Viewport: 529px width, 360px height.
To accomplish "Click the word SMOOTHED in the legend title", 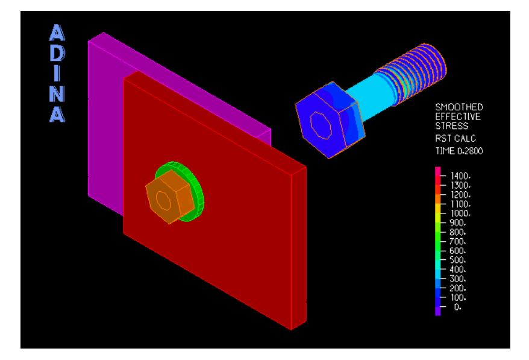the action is tap(459, 107).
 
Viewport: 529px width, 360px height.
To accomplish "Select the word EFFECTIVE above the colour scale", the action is tap(457, 116).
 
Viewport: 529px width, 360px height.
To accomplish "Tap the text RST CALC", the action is tap(455, 138).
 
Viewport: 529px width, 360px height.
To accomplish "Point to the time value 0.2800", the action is tap(471, 151).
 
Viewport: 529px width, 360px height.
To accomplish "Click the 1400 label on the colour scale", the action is tap(460, 176).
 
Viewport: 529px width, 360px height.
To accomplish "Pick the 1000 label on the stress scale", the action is tap(460, 213).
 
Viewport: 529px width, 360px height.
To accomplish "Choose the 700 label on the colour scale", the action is tap(458, 241).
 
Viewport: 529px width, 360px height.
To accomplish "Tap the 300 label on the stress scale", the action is tap(458, 279).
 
